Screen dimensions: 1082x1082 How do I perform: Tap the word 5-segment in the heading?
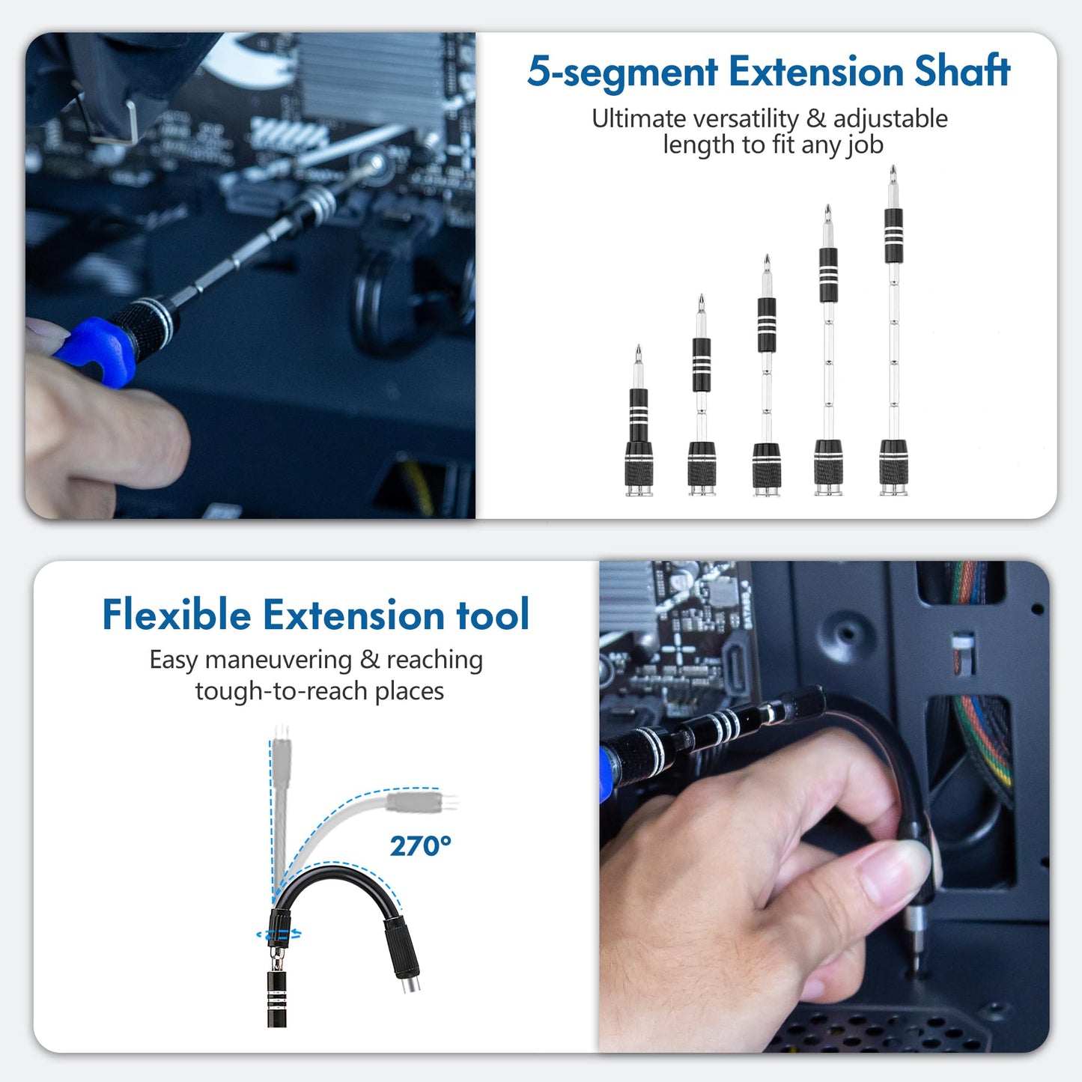click(x=622, y=73)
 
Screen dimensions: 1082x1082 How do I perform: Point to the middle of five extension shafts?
click(x=767, y=374)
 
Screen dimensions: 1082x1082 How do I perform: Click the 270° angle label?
click(x=420, y=846)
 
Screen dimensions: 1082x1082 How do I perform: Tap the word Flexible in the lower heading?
click(x=177, y=615)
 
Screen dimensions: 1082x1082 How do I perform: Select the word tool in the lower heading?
click(x=493, y=615)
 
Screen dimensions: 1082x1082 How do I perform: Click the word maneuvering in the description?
click(x=278, y=660)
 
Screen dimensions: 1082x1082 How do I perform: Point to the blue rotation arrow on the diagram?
click(x=279, y=934)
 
